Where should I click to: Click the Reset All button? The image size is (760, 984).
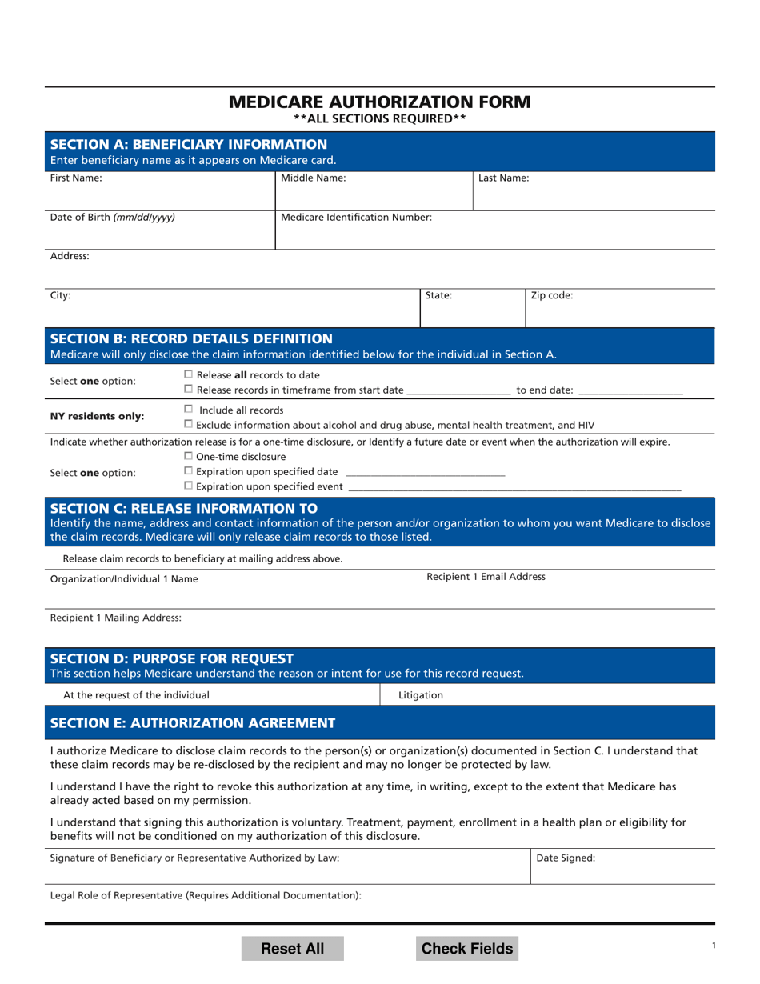pyautogui.click(x=293, y=949)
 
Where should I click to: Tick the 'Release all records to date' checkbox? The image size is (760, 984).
pyautogui.click(x=189, y=374)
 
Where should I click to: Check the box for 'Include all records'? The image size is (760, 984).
pyautogui.click(x=189, y=410)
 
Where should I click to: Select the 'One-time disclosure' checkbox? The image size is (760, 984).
pyautogui.click(x=189, y=456)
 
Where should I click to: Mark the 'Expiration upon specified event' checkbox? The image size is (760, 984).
pyautogui.click(x=189, y=486)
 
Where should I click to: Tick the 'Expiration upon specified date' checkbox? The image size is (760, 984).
pyautogui.click(x=189, y=471)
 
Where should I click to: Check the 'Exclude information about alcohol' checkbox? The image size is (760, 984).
pyautogui.click(x=189, y=424)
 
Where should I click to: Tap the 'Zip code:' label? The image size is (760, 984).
pyautogui.click(x=552, y=295)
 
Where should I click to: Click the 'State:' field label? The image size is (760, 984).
pyautogui.click(x=438, y=295)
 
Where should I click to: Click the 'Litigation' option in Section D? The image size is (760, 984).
pyautogui.click(x=420, y=695)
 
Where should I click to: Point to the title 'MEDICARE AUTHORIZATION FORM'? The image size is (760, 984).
pyautogui.click(x=379, y=102)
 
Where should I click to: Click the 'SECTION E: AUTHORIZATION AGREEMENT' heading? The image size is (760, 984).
pyautogui.click(x=193, y=723)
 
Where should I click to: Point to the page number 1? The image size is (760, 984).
pyautogui.click(x=714, y=946)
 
